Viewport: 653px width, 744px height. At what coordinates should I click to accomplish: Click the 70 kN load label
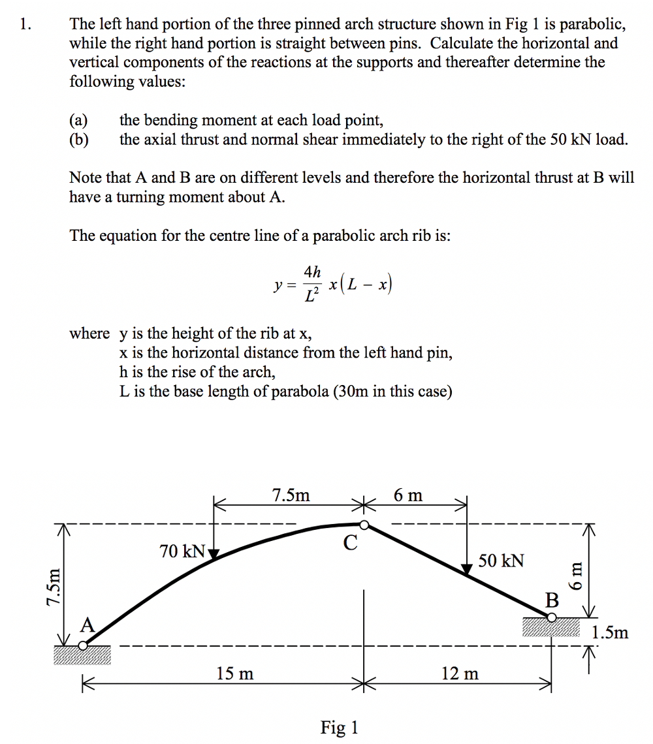(182, 551)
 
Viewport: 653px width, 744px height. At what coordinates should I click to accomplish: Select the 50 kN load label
(501, 561)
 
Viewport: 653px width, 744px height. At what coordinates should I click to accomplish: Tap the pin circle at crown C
(364, 524)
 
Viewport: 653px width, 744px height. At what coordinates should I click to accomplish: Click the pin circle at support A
(82, 645)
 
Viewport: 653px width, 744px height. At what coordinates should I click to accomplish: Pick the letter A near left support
(87, 625)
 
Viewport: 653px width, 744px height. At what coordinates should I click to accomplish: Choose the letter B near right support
(552, 600)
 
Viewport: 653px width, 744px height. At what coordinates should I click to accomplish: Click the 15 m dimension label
(234, 673)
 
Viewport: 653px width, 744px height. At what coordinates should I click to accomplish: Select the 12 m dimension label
(460, 673)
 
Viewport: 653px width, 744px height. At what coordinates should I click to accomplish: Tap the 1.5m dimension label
(610, 632)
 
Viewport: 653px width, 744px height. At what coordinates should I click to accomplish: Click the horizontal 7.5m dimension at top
(291, 495)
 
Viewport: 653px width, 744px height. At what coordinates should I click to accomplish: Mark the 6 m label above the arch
(408, 495)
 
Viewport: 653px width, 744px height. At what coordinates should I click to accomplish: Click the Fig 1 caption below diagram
(339, 727)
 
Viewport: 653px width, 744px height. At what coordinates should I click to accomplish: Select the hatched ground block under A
(82, 655)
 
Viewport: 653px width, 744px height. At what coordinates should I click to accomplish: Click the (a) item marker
(78, 121)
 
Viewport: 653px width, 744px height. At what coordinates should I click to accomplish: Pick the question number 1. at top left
(25, 25)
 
